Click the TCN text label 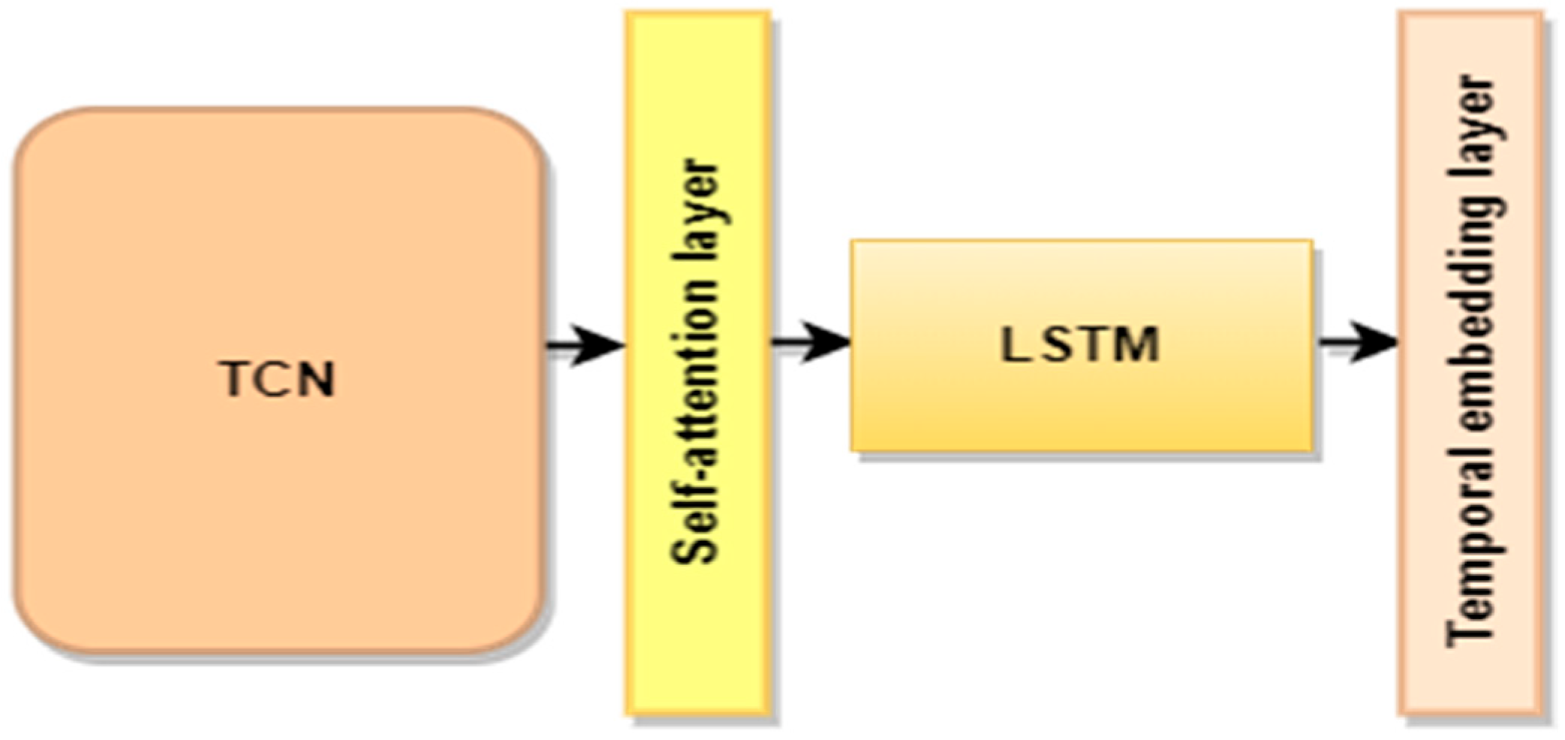point(277,380)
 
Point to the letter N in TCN point(315,380)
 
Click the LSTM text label point(1081,345)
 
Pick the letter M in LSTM point(1133,345)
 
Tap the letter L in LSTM point(1013,345)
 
